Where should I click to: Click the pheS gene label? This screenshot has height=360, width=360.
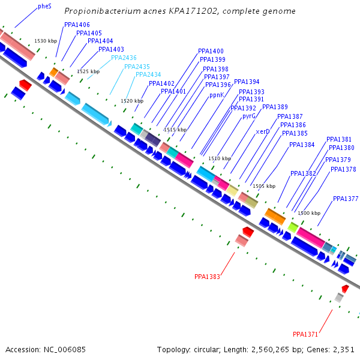(x=44, y=6)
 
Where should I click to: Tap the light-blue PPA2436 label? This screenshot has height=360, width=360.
(x=124, y=58)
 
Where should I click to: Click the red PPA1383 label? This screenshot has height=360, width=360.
(x=207, y=277)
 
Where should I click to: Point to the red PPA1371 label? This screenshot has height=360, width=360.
(x=305, y=334)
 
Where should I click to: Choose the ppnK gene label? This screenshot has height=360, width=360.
(x=217, y=95)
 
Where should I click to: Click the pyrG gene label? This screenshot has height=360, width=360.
(x=249, y=116)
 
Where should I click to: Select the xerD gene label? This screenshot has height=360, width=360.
(x=263, y=131)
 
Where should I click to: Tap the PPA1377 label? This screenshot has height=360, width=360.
(x=346, y=199)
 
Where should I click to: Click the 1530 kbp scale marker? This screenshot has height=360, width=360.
(x=46, y=41)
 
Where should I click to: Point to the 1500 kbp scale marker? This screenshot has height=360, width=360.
(x=309, y=214)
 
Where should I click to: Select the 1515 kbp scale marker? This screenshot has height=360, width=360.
(x=175, y=130)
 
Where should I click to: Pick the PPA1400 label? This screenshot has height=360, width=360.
(x=211, y=52)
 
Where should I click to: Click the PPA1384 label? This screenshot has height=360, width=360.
(x=301, y=145)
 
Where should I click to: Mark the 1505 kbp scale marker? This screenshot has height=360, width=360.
(x=264, y=186)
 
